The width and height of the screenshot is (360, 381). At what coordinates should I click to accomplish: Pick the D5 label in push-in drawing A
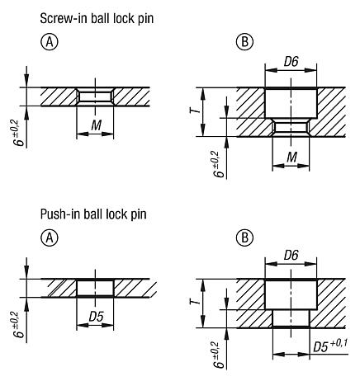(94, 317)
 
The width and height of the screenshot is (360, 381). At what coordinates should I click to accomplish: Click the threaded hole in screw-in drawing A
(94, 96)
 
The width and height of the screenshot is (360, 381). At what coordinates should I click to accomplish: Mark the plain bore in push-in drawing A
(94, 289)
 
